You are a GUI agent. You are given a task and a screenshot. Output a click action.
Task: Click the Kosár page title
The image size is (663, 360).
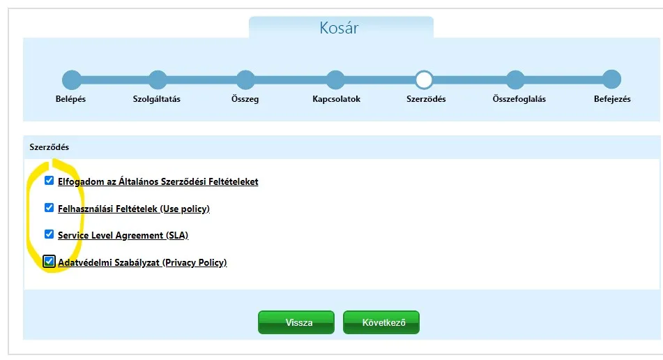[339, 28]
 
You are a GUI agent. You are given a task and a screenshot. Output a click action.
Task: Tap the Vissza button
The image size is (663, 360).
[296, 322]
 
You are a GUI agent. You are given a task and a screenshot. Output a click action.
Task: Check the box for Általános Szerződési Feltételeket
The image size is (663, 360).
[49, 181]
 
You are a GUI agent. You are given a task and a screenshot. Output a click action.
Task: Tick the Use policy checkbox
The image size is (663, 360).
[49, 208]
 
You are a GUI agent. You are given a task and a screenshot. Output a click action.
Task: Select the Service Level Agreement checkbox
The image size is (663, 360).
[49, 234]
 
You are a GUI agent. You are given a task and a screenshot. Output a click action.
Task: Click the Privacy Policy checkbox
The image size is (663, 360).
[49, 262]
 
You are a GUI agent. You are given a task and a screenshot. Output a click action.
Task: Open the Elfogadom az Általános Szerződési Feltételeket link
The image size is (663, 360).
[158, 181]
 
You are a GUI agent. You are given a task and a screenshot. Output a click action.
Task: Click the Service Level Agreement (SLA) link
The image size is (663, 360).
[123, 235]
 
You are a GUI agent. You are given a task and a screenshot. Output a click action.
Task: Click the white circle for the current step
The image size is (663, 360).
[424, 80]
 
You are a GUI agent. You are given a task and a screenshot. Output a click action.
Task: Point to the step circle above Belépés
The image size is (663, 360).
[71, 80]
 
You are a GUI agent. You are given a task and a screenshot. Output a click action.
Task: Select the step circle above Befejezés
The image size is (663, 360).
[611, 80]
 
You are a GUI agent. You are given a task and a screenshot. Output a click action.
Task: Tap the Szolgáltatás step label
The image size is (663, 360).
[156, 99]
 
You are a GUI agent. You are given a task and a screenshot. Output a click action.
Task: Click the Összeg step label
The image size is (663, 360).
[245, 99]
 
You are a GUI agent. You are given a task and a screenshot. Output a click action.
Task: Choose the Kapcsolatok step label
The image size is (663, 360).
[336, 99]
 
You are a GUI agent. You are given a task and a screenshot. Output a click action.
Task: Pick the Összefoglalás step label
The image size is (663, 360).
[519, 99]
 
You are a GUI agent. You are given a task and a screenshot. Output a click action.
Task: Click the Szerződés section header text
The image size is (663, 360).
[49, 147]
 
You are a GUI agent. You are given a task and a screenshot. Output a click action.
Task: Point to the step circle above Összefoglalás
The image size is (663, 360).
[515, 80]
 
